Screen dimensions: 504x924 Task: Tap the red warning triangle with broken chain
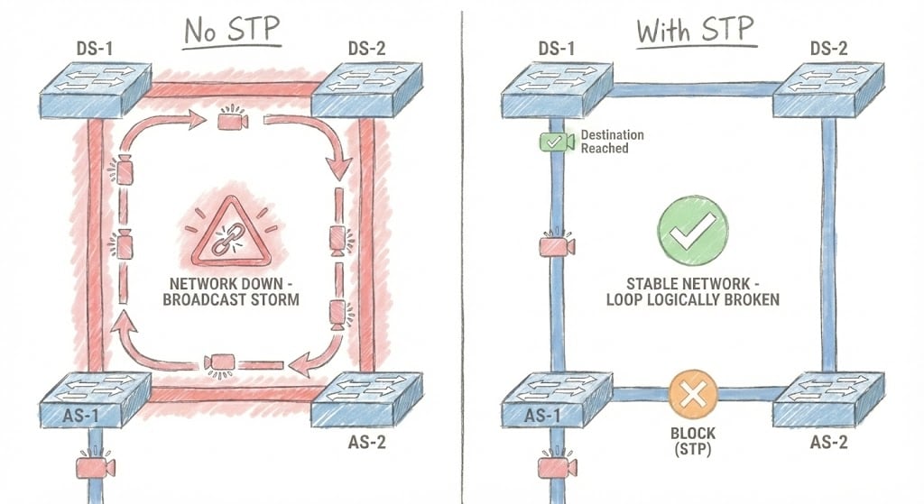[230, 234]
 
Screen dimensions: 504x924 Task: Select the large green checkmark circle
[692, 232]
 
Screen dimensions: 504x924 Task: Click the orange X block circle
[692, 392]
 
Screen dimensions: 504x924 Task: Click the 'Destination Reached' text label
[612, 142]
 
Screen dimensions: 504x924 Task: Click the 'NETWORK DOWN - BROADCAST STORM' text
[230, 289]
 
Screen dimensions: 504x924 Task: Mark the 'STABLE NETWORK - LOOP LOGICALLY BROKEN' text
[692, 289]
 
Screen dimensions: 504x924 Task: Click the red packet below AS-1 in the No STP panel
[95, 467]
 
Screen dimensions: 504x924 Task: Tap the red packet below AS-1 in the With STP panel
[556, 467]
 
